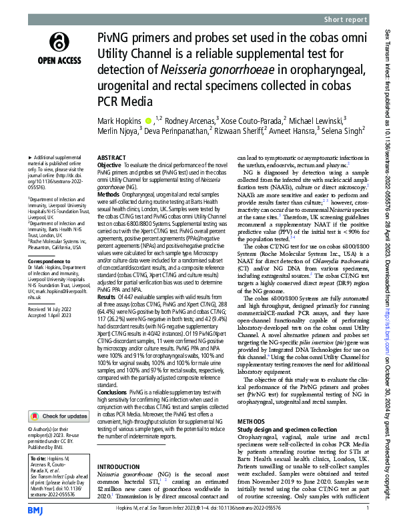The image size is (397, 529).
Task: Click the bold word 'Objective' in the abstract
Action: click(x=109, y=165)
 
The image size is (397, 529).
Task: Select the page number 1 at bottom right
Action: click(x=368, y=509)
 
